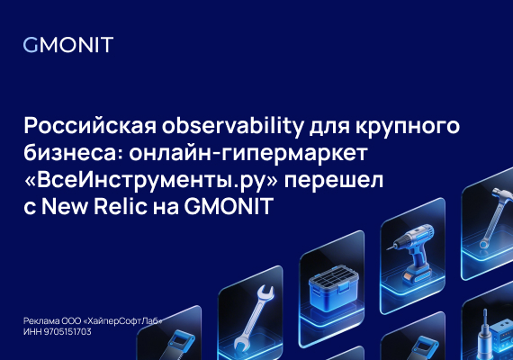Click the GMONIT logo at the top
tap(68, 46)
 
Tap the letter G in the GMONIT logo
tap(30, 46)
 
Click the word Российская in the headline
tap(82, 124)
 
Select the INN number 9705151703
tap(71, 332)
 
